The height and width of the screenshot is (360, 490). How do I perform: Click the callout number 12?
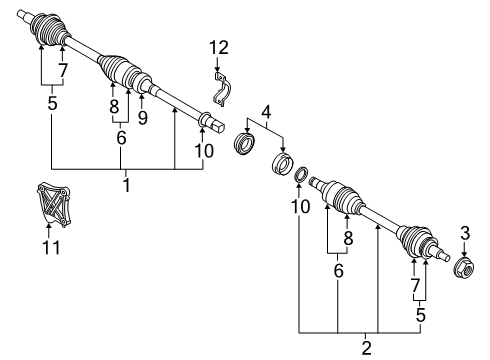click(x=218, y=46)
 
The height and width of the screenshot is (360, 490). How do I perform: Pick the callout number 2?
click(x=365, y=347)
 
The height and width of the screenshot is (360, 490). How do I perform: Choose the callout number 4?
click(x=265, y=111)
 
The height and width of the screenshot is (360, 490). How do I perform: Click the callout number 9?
click(x=142, y=118)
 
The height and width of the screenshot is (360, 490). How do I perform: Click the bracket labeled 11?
click(x=48, y=207)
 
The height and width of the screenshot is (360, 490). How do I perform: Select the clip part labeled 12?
click(x=221, y=91)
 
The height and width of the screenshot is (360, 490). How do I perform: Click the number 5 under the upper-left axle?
click(x=52, y=104)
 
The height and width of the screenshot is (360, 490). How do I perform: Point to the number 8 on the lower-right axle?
click(x=348, y=237)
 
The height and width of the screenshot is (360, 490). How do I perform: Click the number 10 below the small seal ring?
click(x=299, y=207)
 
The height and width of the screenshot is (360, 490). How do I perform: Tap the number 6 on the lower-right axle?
click(x=338, y=269)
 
